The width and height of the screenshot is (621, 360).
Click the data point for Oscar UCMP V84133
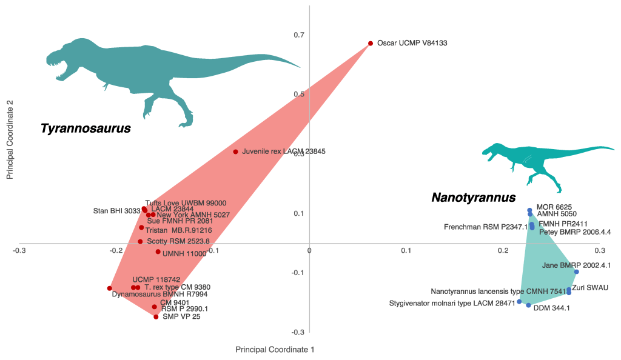pyautogui.click(x=371, y=44)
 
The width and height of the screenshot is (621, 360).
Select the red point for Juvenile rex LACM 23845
pyautogui.click(x=235, y=152)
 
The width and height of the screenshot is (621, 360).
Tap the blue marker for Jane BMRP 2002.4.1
pyautogui.click(x=576, y=272)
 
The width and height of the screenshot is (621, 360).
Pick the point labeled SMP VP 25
pyautogui.click(x=156, y=317)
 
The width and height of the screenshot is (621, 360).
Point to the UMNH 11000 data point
pyautogui.click(x=158, y=252)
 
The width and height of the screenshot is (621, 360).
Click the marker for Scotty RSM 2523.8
pyautogui.click(x=140, y=241)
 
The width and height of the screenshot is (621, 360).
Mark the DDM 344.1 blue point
pyautogui.click(x=528, y=305)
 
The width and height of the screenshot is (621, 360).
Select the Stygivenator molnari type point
pyautogui.click(x=519, y=301)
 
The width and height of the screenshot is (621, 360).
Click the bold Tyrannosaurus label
pyautogui.click(x=86, y=128)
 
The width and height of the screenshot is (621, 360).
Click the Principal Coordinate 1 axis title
pyautogui.click(x=275, y=350)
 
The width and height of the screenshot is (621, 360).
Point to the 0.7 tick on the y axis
pyautogui.click(x=299, y=35)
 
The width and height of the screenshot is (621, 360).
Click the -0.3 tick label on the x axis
pyautogui.click(x=19, y=250)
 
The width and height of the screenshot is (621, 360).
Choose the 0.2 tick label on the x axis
pyautogui.click(x=503, y=250)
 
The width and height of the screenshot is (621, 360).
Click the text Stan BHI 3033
pyautogui.click(x=116, y=211)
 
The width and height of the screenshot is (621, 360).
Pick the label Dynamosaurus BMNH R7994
pyautogui.click(x=160, y=295)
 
